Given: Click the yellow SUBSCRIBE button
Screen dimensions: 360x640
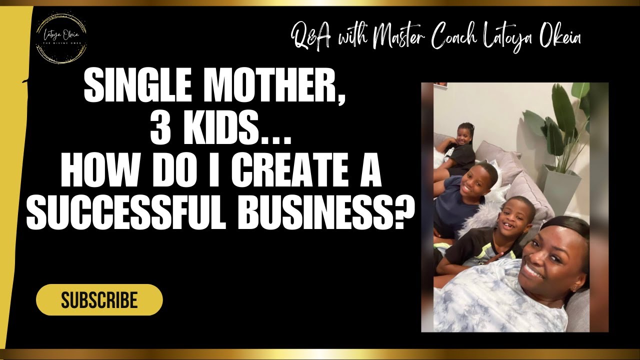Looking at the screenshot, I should click(99, 300).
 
